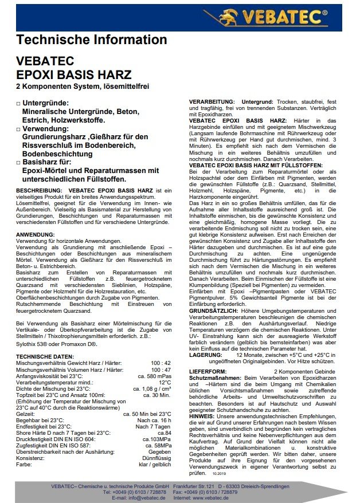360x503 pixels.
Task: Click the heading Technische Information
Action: click(x=92, y=40)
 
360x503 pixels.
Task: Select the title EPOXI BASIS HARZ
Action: click(x=74, y=75)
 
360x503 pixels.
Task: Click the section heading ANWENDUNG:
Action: click(x=36, y=235)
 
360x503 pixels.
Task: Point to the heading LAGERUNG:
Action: click(x=205, y=355)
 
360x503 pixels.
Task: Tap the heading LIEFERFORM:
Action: click(x=208, y=372)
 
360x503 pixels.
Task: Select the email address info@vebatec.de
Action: click(x=147, y=497)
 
